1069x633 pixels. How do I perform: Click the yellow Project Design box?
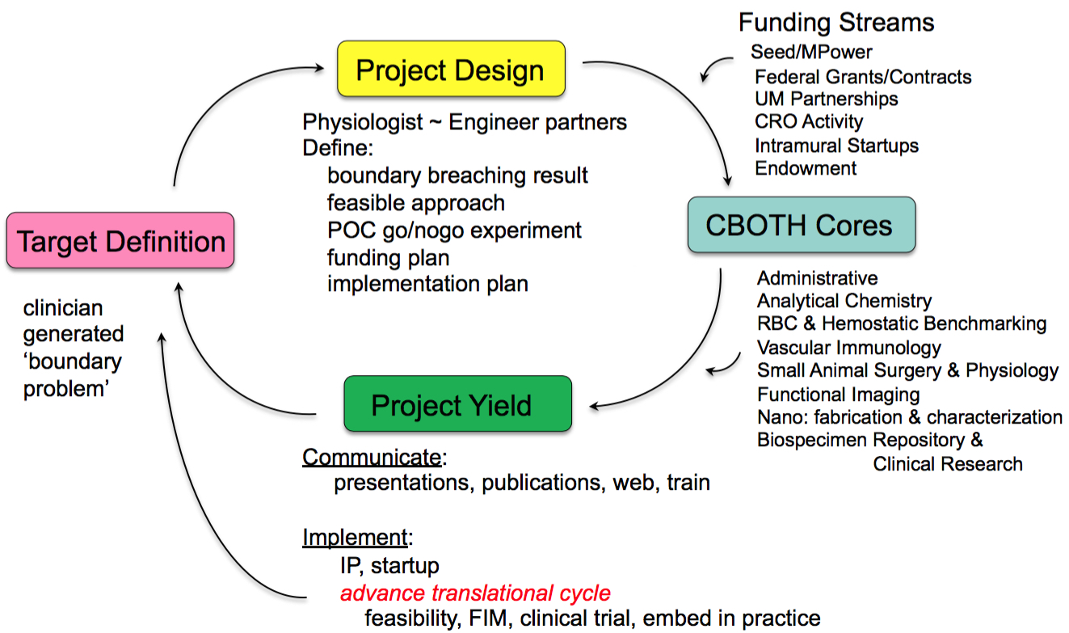click(451, 70)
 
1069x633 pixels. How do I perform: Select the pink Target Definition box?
click(120, 241)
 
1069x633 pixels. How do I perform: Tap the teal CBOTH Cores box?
click(801, 224)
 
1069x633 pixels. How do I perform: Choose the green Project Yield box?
click(457, 403)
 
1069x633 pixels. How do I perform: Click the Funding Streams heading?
click(836, 22)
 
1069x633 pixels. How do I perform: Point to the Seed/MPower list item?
click(811, 53)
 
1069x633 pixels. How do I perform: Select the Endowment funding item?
click(805, 168)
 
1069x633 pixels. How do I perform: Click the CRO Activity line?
click(808, 122)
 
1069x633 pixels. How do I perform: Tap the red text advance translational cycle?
click(475, 593)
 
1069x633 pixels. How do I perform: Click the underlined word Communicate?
click(372, 458)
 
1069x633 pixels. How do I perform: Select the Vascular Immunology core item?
click(848, 348)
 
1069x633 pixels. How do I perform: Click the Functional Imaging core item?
click(838, 395)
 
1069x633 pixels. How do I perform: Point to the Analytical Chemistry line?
click(844, 301)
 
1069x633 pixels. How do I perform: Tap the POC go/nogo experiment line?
click(454, 230)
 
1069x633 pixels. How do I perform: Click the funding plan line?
click(388, 257)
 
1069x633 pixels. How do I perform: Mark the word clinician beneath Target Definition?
click(63, 309)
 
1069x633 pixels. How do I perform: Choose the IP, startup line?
click(389, 565)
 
